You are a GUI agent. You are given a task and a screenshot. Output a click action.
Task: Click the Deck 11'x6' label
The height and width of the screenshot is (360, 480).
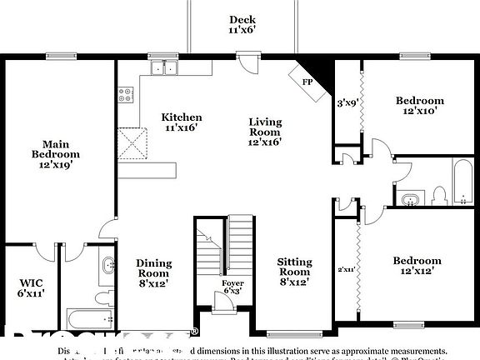tap(242, 25)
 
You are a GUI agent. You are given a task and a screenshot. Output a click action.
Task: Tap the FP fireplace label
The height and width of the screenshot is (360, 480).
tap(306, 82)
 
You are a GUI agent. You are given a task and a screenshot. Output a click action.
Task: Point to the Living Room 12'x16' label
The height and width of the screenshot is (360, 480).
tap(265, 132)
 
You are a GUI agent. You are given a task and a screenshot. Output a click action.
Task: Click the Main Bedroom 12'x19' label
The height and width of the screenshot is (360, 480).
tap(56, 154)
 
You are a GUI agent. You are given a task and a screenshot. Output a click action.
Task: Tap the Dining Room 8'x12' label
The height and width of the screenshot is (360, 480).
tap(153, 273)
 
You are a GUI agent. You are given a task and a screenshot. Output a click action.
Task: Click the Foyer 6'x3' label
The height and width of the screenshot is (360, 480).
tap(232, 287)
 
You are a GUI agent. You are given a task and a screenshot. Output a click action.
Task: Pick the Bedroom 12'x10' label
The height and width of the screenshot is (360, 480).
tap(419, 106)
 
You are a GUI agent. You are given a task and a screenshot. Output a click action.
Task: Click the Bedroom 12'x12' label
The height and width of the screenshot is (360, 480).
tap(417, 265)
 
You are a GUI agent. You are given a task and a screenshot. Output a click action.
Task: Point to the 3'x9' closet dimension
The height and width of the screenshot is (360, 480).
tap(346, 104)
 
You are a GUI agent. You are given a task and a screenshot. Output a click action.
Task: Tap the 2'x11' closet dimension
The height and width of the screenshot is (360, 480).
tap(346, 269)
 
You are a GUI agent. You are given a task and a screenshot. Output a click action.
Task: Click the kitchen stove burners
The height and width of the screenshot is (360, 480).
tap(127, 94)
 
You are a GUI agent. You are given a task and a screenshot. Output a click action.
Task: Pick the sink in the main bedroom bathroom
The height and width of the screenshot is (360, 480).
tap(107, 267)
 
